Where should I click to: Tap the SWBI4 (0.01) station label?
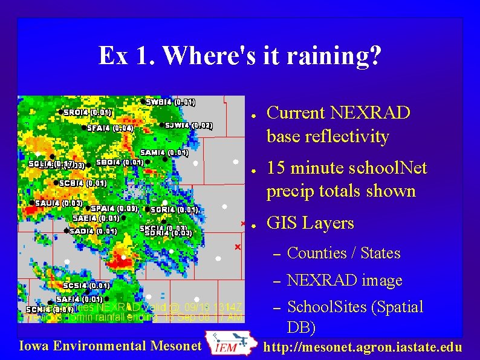[x=170, y=102]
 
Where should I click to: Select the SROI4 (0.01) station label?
[x=88, y=112]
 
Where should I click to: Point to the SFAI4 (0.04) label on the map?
[x=110, y=128]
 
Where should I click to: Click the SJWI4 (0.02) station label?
[x=189, y=125]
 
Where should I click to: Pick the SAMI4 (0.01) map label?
[x=164, y=152]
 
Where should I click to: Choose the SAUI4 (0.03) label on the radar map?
[x=59, y=203]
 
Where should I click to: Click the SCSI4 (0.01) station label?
[x=86, y=286]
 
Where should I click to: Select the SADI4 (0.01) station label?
[x=93, y=231]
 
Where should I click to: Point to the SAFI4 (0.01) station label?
[x=80, y=298]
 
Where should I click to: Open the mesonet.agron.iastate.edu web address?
[x=363, y=347]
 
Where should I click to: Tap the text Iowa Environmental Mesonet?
[x=109, y=346]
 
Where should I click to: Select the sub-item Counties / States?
[x=343, y=253]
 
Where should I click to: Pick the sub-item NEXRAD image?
[x=345, y=280]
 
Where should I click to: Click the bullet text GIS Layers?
[x=310, y=223]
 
